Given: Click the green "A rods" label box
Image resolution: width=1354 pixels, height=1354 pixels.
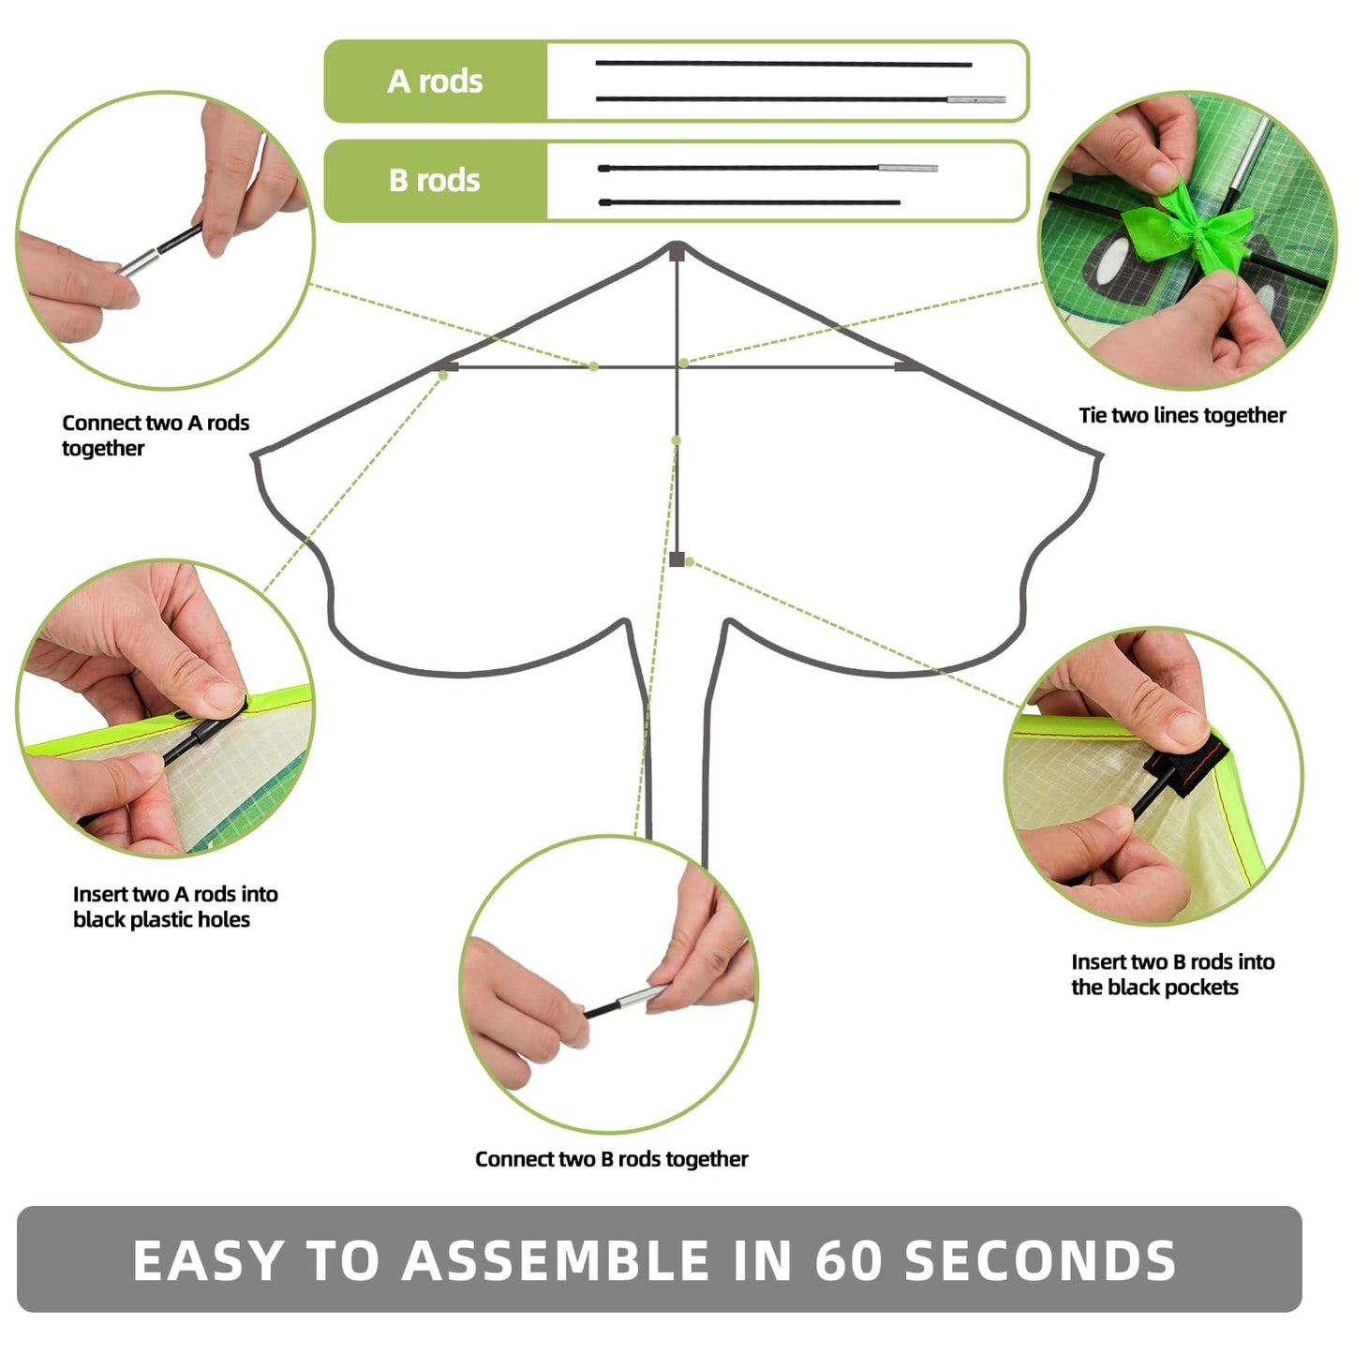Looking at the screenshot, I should [436, 82].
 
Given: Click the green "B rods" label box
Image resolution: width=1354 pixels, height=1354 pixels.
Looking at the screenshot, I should [436, 180].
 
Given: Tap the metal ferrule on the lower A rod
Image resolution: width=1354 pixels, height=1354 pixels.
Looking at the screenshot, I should [975, 99].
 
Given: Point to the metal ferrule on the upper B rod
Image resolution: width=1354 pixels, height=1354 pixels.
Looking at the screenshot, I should [907, 169].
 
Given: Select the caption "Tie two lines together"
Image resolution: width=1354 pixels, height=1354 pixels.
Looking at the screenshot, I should [1182, 415].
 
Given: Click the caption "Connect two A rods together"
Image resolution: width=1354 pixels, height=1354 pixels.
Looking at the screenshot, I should [156, 435].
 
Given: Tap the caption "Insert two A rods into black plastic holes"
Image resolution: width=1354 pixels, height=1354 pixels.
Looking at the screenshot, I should [175, 906].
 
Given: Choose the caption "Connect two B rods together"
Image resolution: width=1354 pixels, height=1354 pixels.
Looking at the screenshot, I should [611, 1159].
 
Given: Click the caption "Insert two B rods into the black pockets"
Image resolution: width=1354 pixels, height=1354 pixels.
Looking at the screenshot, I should [1172, 975].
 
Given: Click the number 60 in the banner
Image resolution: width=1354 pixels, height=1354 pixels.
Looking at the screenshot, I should [849, 1260].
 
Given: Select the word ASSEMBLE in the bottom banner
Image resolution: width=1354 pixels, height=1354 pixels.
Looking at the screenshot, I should [556, 1260].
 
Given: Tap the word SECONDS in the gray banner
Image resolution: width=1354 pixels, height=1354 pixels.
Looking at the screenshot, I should [1040, 1260].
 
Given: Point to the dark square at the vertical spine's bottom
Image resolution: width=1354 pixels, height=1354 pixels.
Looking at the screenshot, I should [677, 559].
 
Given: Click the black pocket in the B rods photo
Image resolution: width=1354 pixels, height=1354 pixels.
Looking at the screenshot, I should [1190, 764].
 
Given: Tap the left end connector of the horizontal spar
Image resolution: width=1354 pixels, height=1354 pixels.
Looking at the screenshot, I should [448, 367].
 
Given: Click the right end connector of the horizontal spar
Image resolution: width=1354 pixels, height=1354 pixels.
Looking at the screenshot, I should [906, 366].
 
